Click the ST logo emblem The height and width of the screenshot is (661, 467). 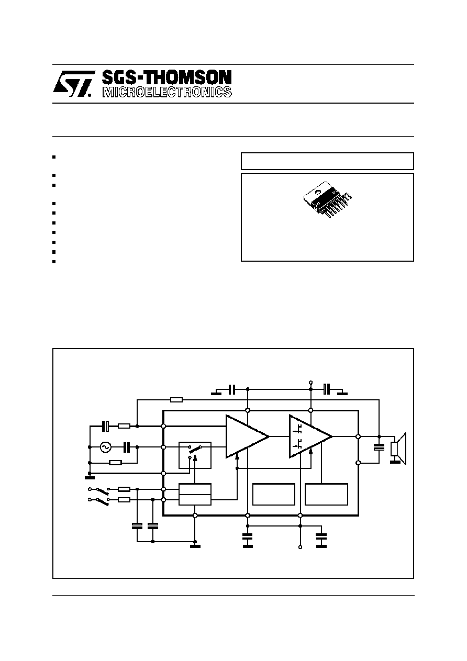[x=74, y=84]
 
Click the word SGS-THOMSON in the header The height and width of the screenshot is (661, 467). [x=167, y=78]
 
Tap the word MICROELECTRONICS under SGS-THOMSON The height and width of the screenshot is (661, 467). [x=167, y=92]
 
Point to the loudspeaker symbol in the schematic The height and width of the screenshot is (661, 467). [x=398, y=448]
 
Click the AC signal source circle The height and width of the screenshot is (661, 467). [x=105, y=447]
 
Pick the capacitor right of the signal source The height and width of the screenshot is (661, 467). [x=127, y=447]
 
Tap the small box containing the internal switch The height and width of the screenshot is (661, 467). [x=195, y=455]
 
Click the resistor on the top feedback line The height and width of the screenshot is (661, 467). [x=176, y=400]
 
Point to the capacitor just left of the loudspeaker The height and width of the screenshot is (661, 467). [x=379, y=447]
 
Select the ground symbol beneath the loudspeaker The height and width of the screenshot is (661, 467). [x=395, y=462]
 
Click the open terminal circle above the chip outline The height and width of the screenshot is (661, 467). [x=310, y=383]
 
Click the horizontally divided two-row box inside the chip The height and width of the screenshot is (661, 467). [x=195, y=494]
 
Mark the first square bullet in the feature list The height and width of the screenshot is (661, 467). [x=54, y=157]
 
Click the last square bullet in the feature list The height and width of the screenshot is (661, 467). [x=54, y=262]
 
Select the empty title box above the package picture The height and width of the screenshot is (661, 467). [x=327, y=161]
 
